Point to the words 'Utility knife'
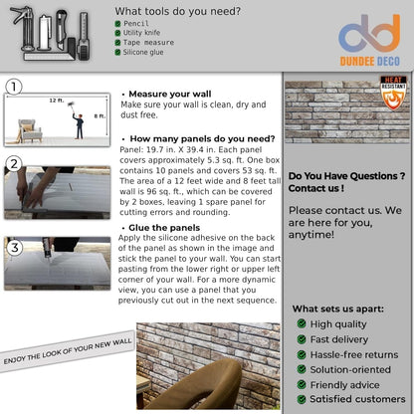click(x=144, y=32)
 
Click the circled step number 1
click(x=14, y=88)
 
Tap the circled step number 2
click(x=14, y=163)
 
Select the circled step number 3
click(x=14, y=246)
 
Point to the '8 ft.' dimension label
click(x=99, y=115)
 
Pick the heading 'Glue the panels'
click(x=165, y=227)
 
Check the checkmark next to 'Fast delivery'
click(x=301, y=338)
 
